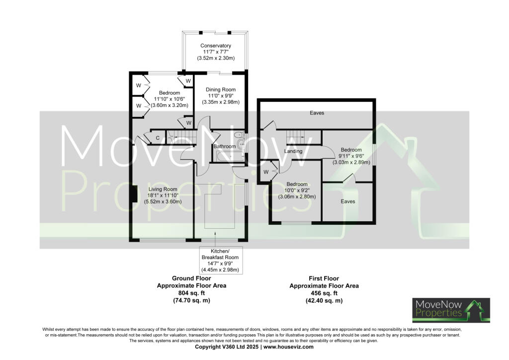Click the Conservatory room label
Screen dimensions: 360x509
[216, 46]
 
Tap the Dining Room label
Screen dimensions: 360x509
[221, 90]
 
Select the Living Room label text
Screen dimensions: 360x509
[163, 189]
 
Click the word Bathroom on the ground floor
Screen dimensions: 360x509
[224, 147]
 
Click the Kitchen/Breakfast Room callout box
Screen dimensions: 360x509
[220, 261]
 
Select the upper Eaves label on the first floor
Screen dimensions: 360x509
[317, 113]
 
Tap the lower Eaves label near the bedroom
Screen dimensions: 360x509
[347, 201]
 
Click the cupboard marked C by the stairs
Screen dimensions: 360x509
[158, 138]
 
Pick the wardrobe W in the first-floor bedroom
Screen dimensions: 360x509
[266, 172]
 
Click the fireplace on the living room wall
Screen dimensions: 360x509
[134, 194]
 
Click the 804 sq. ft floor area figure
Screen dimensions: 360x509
[191, 293]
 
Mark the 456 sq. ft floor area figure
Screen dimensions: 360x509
[324, 293]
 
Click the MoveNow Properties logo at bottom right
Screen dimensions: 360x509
[451, 310]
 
